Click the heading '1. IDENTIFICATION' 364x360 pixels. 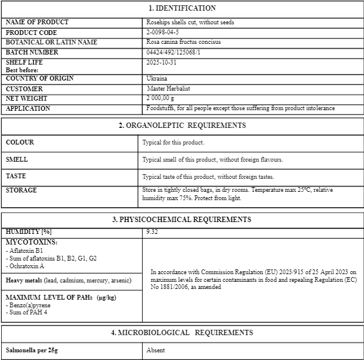182,8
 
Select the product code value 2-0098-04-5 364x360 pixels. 162,33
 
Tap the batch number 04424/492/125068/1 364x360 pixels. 173,53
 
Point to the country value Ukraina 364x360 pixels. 157,78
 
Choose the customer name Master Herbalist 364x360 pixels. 169,88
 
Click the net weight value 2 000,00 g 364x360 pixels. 160,98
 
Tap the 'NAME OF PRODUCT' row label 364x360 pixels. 37,22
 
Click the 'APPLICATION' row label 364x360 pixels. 28,108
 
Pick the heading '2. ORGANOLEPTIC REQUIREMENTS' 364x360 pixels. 182,126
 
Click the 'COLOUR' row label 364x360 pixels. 20,142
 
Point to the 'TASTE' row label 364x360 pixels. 16,176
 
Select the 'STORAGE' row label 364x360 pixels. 21,190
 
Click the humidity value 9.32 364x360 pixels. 152,232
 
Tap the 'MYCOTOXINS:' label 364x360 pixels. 31,242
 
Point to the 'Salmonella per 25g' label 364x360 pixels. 31,350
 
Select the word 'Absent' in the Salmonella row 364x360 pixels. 156,350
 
